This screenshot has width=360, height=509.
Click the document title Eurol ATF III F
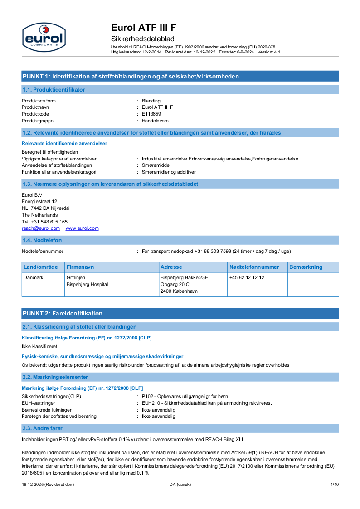point(144,28)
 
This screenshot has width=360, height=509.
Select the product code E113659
point(151,114)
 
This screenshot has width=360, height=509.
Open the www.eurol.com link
point(82,228)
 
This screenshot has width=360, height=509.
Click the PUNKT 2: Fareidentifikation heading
point(63,313)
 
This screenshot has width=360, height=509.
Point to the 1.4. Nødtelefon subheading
point(42,240)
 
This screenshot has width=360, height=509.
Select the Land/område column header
point(41,267)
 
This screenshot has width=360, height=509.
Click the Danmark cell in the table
point(34,277)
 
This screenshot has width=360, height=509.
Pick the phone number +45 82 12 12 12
point(247,277)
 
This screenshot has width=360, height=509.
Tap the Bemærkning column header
point(306,267)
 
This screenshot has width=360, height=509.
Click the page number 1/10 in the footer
point(334,485)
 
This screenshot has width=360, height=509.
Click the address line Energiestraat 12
point(39,201)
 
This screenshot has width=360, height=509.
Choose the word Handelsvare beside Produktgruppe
point(155,121)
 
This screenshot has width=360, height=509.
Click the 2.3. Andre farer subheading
point(43,428)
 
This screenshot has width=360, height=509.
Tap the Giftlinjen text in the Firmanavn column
point(76,277)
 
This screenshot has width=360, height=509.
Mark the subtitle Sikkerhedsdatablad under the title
point(143,39)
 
